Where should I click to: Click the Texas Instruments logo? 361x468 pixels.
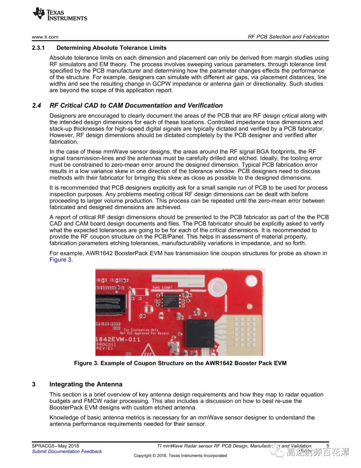point(60,15)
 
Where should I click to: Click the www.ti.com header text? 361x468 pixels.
point(45,37)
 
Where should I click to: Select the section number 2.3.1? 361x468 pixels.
point(38,48)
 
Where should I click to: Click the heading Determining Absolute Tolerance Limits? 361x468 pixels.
point(111,48)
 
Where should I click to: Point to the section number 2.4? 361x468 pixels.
point(36,106)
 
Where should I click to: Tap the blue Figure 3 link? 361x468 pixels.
point(61,260)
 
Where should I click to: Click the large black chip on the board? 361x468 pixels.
point(200,333)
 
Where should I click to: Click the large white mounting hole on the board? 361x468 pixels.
point(217,287)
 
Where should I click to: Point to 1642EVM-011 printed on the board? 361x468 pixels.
point(118,339)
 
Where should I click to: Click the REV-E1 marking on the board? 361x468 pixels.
point(105,348)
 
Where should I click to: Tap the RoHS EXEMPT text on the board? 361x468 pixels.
point(162,287)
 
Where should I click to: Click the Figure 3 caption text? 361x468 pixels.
point(180,363)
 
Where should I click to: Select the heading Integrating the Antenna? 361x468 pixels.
point(86,384)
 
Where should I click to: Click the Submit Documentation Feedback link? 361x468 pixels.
point(67,452)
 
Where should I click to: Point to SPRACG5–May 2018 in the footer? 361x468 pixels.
point(55,446)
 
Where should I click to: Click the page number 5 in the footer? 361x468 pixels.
point(328,446)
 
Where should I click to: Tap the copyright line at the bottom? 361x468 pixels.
point(180,456)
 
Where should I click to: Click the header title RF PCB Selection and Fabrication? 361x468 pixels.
point(288,37)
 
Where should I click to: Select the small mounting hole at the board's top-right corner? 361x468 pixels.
point(251,280)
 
